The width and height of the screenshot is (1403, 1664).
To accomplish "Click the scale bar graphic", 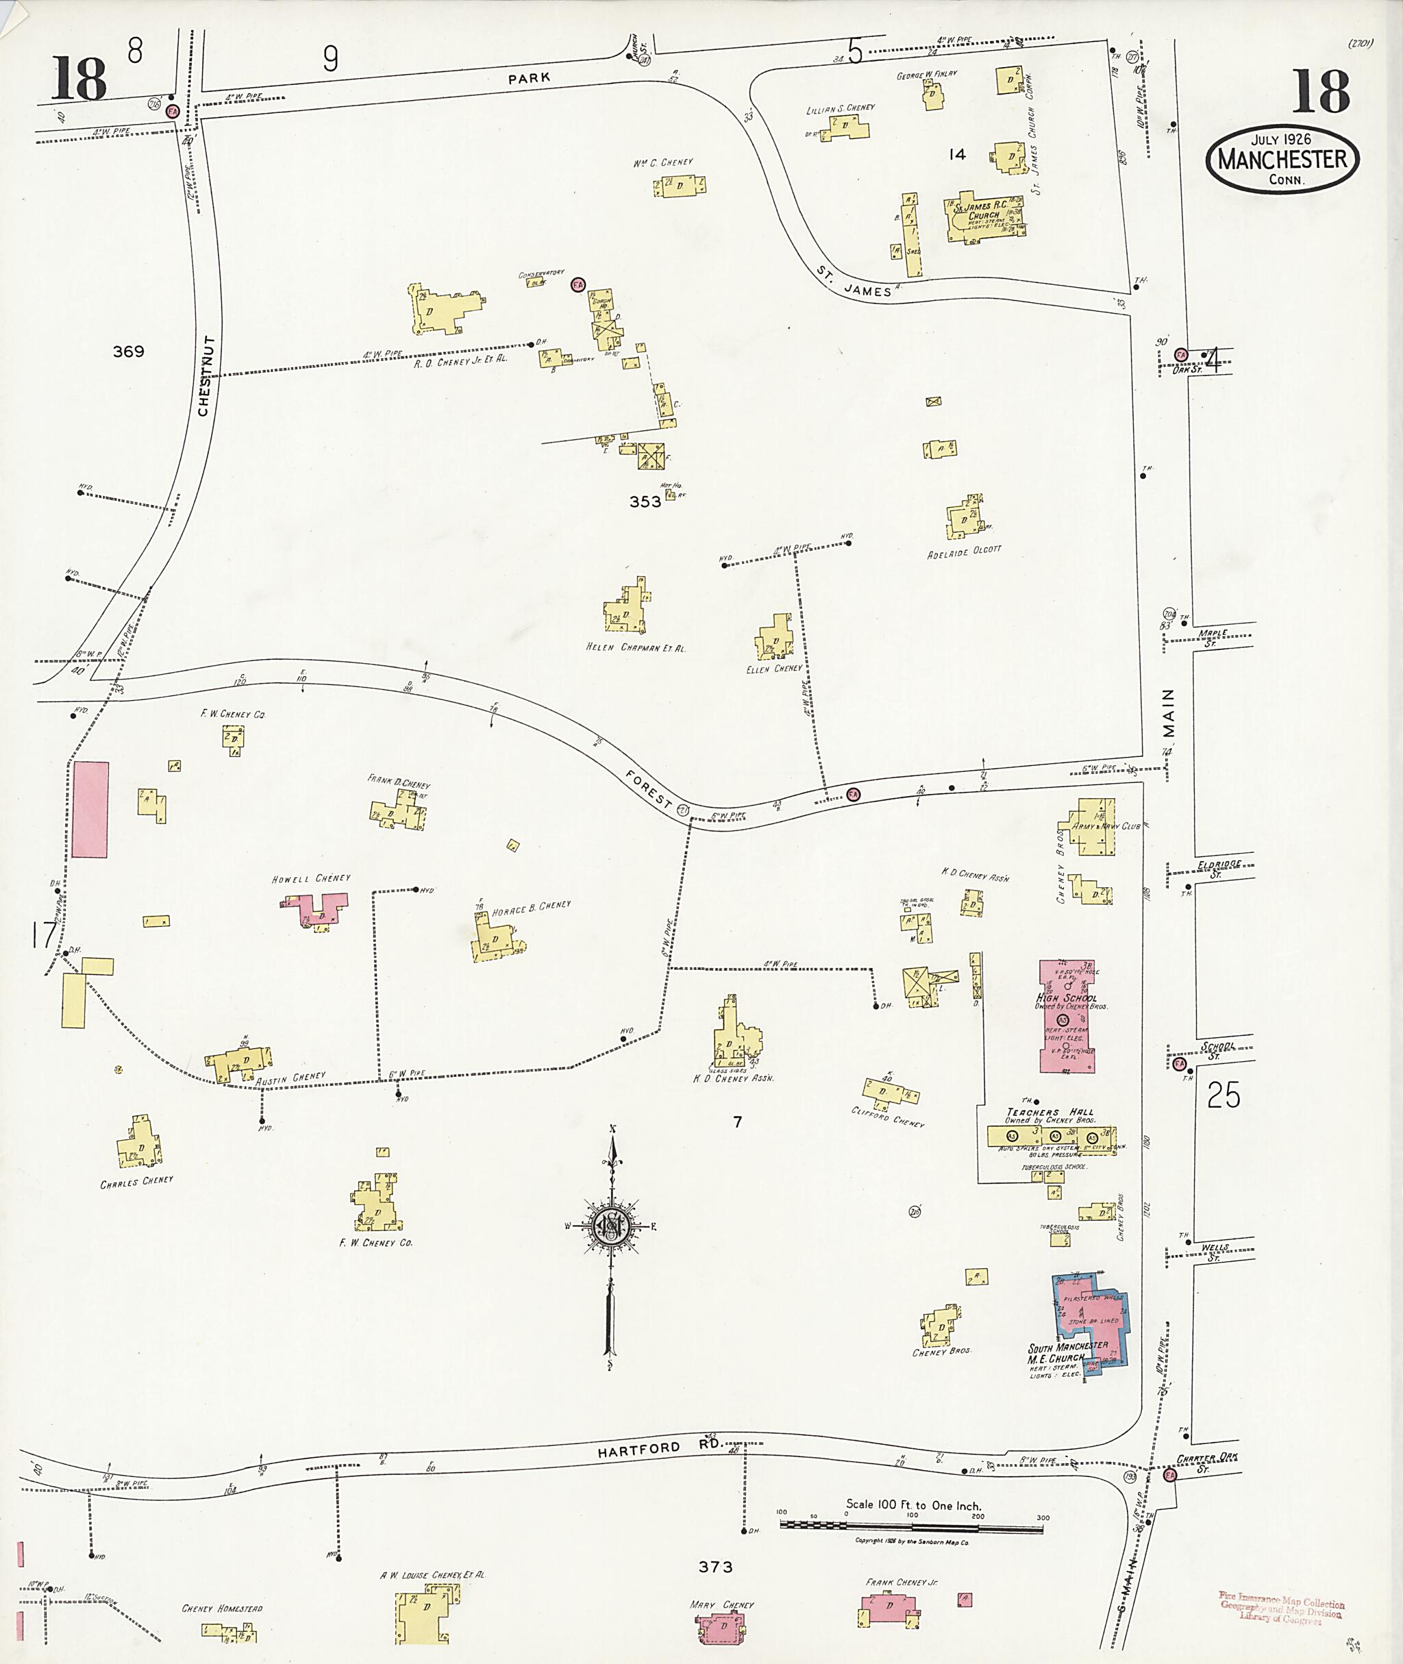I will [912, 1525].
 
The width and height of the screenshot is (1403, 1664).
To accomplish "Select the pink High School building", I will [1067, 1017].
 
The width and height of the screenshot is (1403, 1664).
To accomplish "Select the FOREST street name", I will [648, 790].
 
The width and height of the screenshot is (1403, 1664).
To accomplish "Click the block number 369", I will [128, 351].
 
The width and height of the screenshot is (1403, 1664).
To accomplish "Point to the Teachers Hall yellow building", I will [1051, 1136].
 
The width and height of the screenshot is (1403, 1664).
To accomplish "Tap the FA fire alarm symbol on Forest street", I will [854, 794].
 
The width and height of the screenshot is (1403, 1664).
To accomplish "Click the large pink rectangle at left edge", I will [90, 809].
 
